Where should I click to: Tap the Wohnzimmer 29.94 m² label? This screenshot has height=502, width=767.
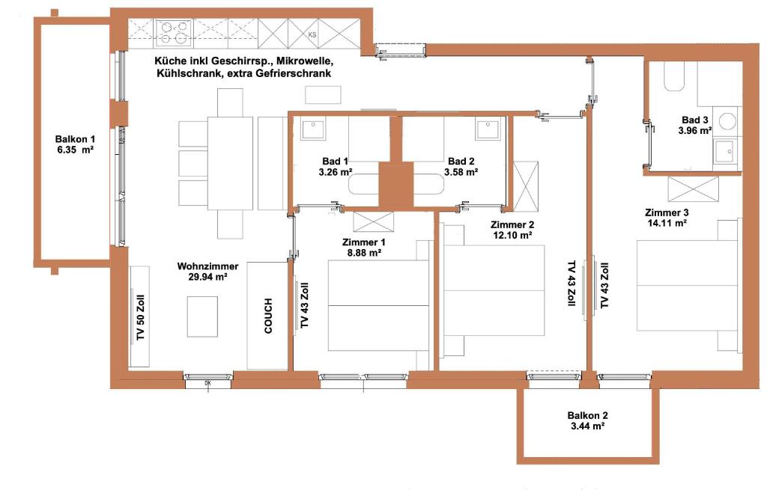point(208,272)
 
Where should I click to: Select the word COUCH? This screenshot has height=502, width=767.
point(268,316)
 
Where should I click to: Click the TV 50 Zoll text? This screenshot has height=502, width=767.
point(141,318)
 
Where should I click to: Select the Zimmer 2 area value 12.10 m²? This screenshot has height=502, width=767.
point(512,236)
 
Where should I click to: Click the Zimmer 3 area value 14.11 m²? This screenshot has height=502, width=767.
point(667,224)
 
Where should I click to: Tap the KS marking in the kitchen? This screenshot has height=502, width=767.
point(312,34)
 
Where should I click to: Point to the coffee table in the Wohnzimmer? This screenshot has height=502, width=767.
point(202,316)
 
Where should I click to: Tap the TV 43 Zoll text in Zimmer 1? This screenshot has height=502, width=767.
point(304,305)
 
